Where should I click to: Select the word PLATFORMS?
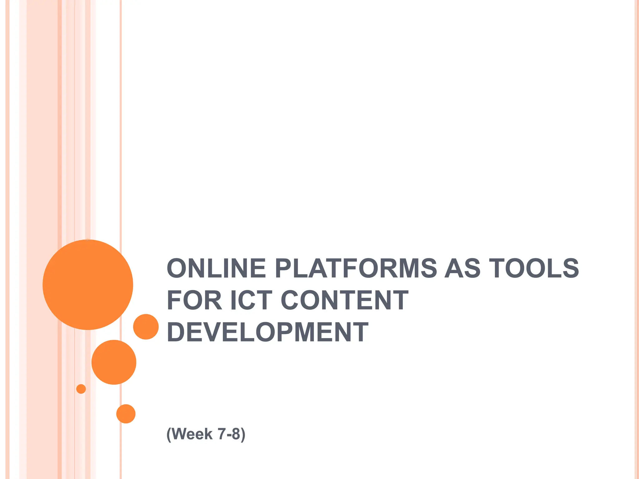click(356, 269)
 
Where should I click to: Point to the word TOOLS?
click(534, 269)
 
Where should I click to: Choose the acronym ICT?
click(251, 300)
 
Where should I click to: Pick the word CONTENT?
click(344, 300)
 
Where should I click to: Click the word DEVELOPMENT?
click(268, 332)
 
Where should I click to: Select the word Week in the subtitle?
click(192, 434)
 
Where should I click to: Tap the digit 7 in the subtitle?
click(222, 434)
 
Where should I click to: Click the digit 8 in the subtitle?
click(236, 434)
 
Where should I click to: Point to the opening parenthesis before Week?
click(169, 434)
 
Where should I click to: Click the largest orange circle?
click(88, 285)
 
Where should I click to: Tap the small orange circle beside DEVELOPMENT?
click(146, 327)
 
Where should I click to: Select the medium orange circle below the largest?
click(114, 362)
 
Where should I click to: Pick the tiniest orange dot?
click(81, 389)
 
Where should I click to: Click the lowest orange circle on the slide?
click(126, 414)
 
